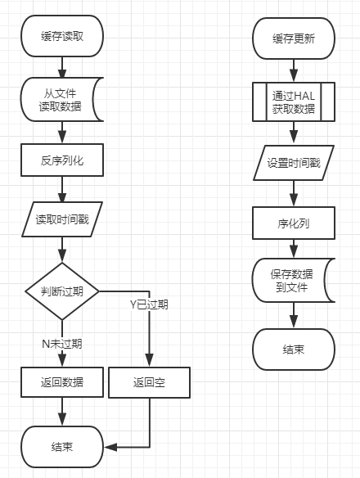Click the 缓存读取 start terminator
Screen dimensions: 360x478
(62, 36)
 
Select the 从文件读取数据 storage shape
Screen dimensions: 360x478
(61, 99)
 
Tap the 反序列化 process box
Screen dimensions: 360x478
(62, 160)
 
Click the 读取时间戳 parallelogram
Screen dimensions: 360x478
(62, 219)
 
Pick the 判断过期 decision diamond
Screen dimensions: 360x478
(62, 291)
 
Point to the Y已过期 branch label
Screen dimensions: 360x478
(149, 304)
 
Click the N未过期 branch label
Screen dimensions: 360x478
(62, 344)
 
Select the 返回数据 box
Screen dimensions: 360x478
(62, 382)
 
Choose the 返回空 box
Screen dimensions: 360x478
(150, 382)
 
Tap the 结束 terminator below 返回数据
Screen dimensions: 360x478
(62, 447)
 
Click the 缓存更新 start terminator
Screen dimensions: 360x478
(294, 38)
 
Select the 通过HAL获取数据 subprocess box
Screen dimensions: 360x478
(294, 101)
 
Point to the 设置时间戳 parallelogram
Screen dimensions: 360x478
(294, 163)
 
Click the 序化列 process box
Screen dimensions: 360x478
(294, 223)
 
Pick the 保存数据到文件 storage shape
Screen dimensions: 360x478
(293, 281)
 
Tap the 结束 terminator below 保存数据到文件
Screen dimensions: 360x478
(294, 349)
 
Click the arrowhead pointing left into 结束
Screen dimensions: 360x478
(110, 447)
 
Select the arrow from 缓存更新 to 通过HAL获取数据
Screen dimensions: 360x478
(294, 70)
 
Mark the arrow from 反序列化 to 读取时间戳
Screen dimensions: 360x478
(62, 189)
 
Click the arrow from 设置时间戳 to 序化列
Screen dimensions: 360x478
(294, 194)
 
